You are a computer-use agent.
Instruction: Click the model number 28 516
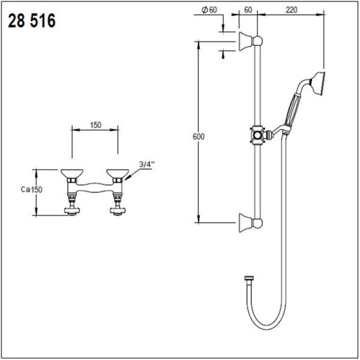(x=31, y=22)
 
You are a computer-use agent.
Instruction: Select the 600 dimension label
(x=199, y=137)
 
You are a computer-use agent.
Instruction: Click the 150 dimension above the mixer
(x=95, y=125)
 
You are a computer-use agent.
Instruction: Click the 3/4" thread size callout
(x=146, y=164)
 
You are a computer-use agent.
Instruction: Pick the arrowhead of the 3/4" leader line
(x=128, y=176)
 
